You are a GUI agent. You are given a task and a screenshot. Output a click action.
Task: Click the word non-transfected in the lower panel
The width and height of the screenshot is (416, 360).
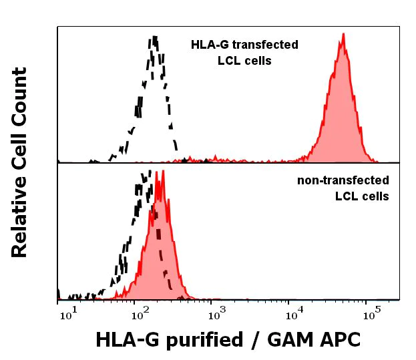(x=343, y=180)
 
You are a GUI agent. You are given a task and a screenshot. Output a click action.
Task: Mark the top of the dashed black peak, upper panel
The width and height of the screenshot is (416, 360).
(x=154, y=37)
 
